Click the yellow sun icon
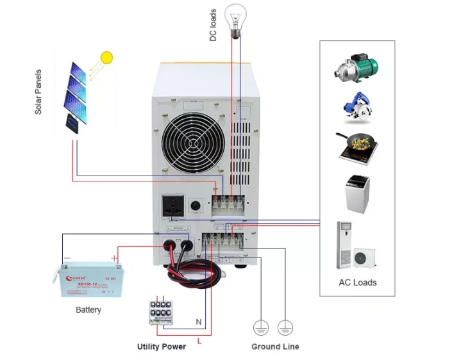[106, 58]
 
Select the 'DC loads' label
[214, 25]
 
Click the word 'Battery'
[88, 310]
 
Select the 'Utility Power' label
[161, 347]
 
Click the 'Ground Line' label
[274, 347]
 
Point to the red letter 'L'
[199, 341]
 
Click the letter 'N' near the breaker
[197, 321]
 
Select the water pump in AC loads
[357, 67]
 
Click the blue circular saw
[357, 106]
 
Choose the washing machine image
[357, 193]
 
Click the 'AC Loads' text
[357, 282]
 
